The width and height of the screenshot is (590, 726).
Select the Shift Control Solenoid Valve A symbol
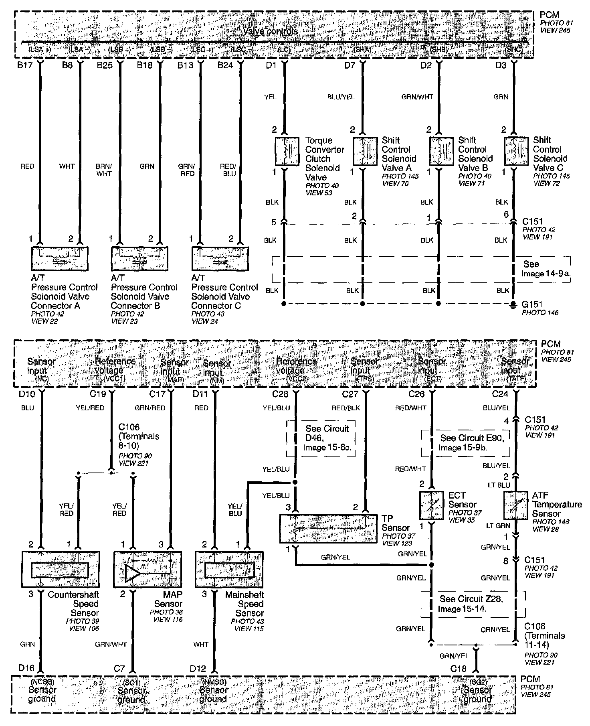point(365,151)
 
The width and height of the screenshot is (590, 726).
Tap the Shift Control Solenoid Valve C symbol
point(516,151)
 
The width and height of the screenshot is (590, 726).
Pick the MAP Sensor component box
point(147,569)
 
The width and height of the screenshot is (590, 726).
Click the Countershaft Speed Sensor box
point(60,569)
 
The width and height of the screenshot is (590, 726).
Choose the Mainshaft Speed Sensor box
point(229,569)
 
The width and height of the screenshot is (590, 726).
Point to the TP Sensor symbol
point(328,528)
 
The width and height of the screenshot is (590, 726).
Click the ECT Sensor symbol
point(431,505)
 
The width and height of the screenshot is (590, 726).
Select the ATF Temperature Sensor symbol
point(515,505)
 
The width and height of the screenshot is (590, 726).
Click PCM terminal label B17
point(24,65)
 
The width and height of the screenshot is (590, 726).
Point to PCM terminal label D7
point(350,65)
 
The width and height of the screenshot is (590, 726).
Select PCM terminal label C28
point(280,394)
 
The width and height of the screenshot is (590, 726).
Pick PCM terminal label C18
point(459,669)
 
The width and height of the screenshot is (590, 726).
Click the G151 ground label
point(532,304)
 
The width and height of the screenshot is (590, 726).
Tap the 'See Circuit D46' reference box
point(321,438)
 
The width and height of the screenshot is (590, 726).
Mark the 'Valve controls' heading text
point(271,31)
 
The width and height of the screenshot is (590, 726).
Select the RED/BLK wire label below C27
point(346,408)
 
